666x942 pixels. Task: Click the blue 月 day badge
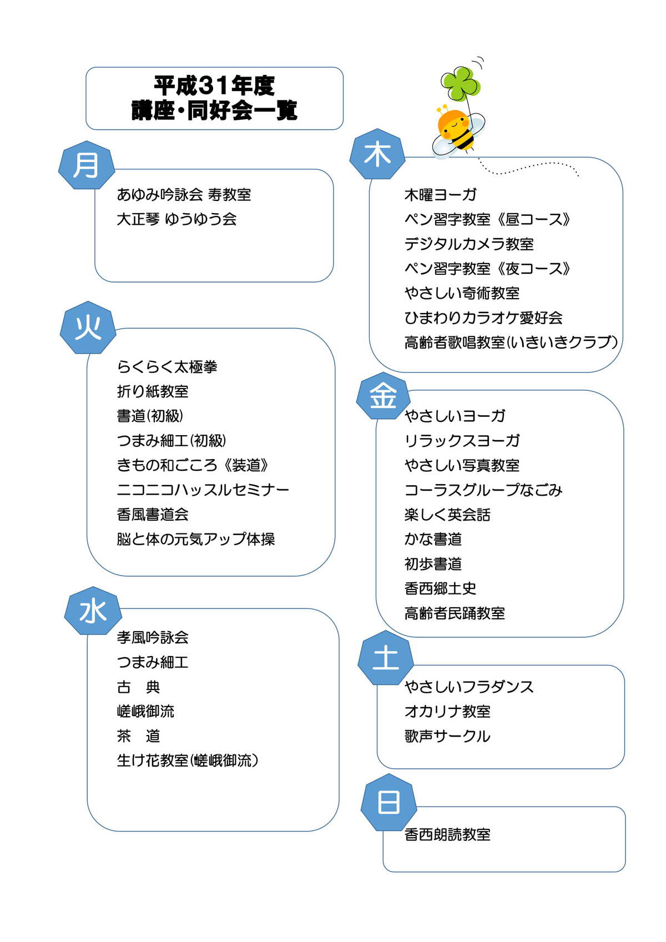pos(86,165)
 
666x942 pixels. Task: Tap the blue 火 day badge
pos(88,328)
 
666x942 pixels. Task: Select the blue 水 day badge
pos(93,611)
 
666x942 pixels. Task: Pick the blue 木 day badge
pos(377,154)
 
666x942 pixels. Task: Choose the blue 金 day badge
pos(382,396)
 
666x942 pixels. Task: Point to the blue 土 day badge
pos(386,658)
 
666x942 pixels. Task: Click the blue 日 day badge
pos(389,802)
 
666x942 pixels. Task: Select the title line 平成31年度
pos(214,86)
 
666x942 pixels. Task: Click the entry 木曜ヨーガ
pos(440,195)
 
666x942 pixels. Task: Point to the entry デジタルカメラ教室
pos(469,244)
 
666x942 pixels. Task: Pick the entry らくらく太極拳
pos(167,367)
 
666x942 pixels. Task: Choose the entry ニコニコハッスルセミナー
pos(203,490)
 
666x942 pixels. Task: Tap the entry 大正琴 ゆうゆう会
pos(176,219)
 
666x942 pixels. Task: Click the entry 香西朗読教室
pos(447,835)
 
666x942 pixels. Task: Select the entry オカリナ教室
pos(447,712)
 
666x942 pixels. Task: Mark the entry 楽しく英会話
pos(447,515)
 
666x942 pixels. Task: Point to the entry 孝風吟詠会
pos(153,638)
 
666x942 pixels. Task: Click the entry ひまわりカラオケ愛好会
pos(483,318)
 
